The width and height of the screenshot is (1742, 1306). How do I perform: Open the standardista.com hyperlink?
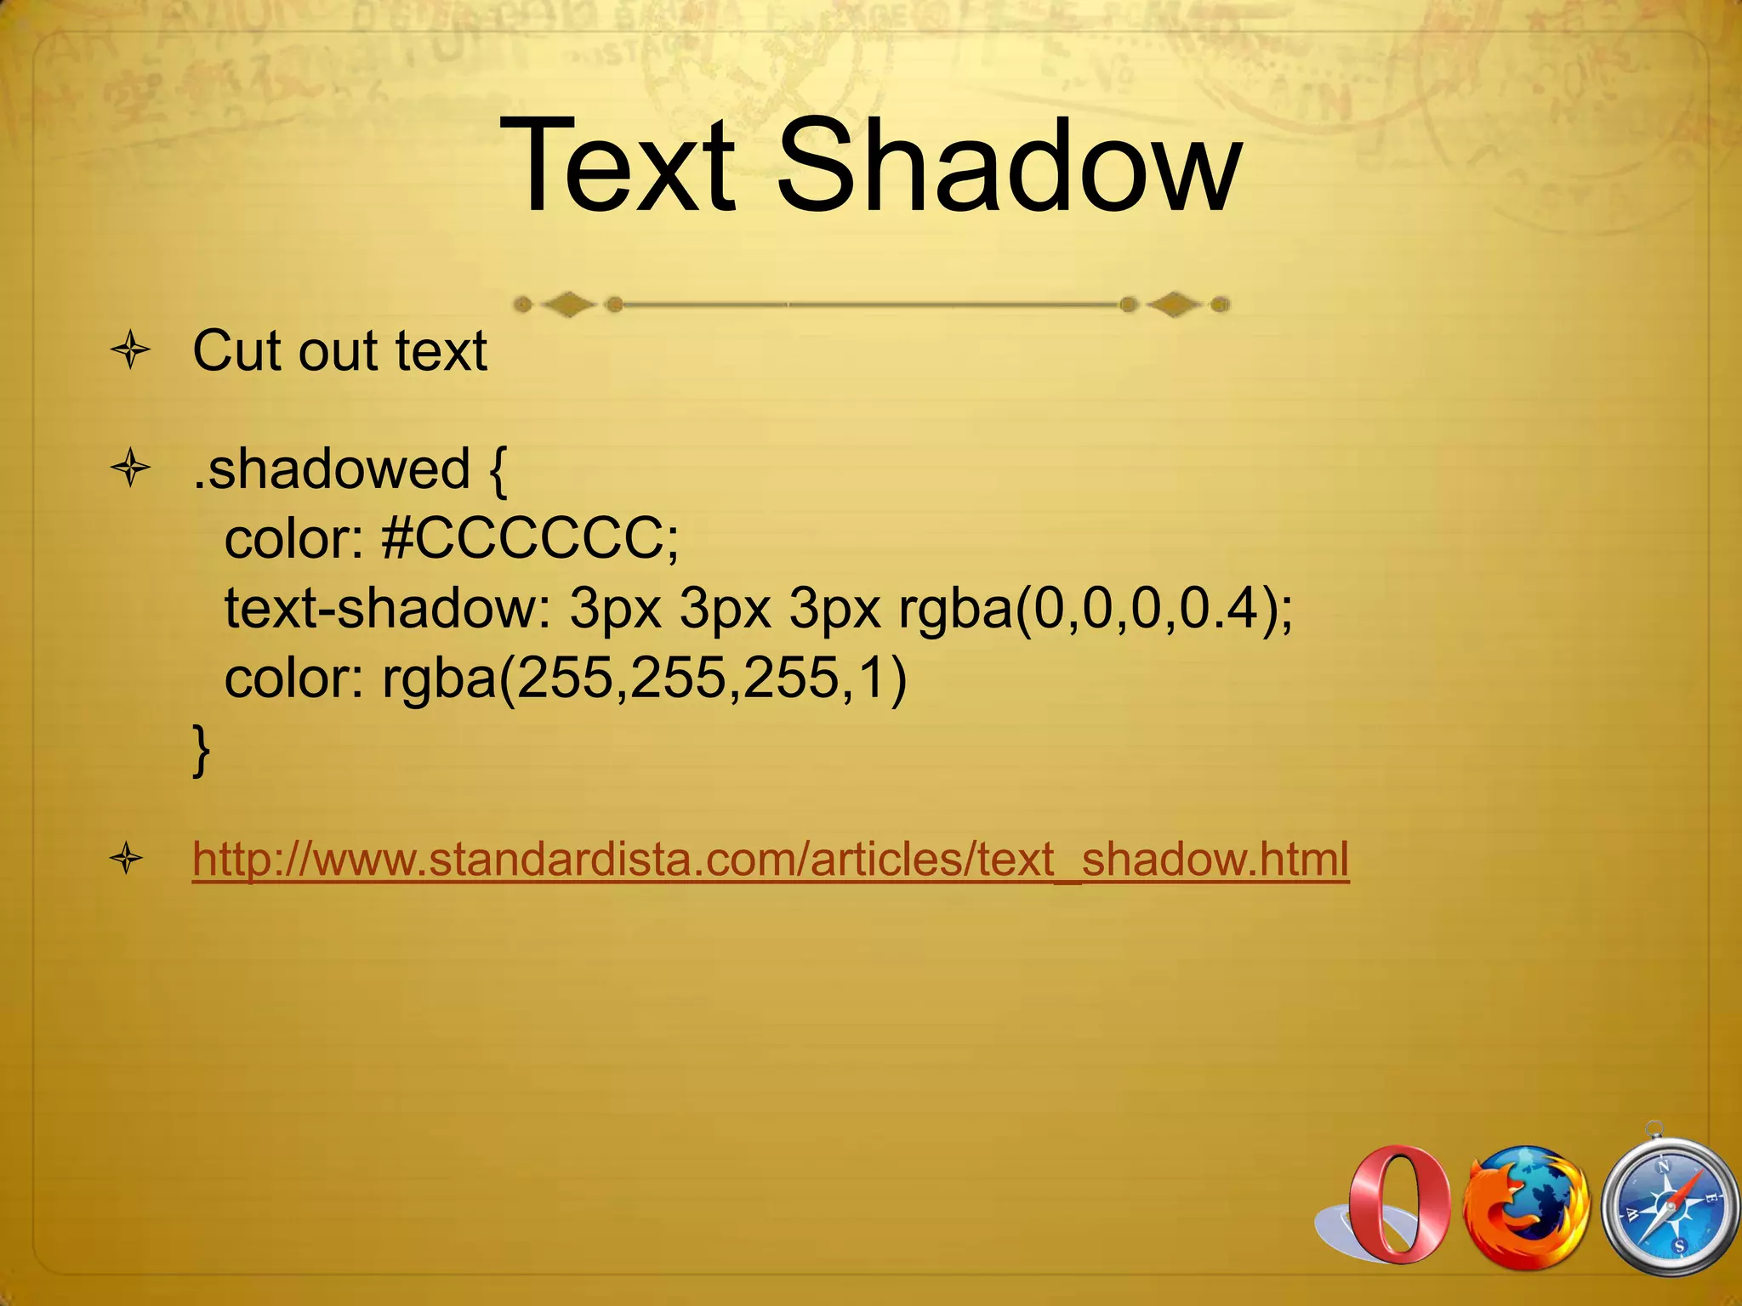(771, 860)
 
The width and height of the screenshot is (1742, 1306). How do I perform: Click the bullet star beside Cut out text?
(130, 350)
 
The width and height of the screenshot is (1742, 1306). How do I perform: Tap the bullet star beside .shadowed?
(130, 468)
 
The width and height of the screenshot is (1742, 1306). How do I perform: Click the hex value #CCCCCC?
(531, 539)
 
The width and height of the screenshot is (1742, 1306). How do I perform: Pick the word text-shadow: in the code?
(388, 609)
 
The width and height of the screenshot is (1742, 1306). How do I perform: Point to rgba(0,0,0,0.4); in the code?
(1096, 609)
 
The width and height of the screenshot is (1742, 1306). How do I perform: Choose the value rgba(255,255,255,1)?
(645, 679)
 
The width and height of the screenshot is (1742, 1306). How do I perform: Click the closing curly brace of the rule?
(202, 749)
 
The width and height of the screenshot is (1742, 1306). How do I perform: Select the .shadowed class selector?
(332, 468)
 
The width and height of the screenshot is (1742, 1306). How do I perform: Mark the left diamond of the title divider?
(567, 304)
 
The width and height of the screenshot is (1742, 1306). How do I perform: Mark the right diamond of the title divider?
(1175, 304)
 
